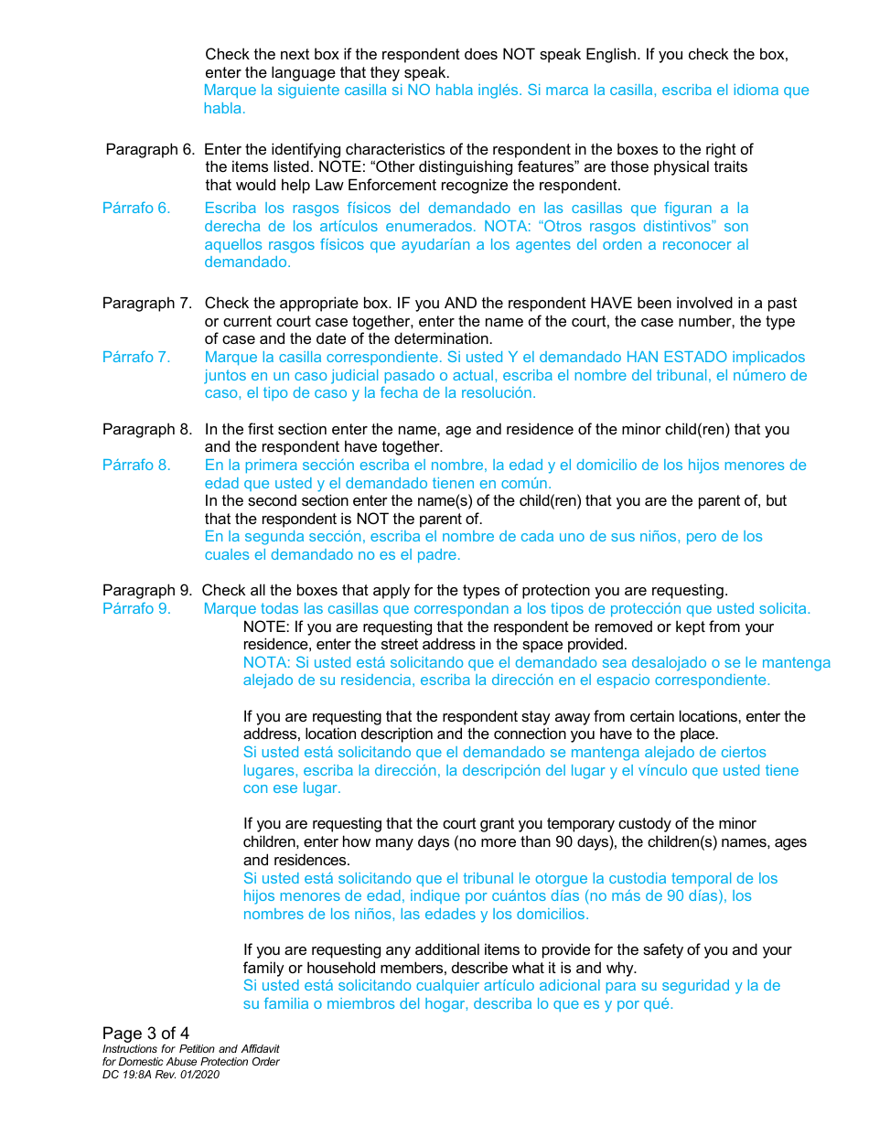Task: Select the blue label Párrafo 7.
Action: click(x=136, y=357)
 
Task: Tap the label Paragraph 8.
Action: click(x=146, y=429)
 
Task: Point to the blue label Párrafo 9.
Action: click(x=136, y=608)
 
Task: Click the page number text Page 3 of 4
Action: click(x=145, y=1034)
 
